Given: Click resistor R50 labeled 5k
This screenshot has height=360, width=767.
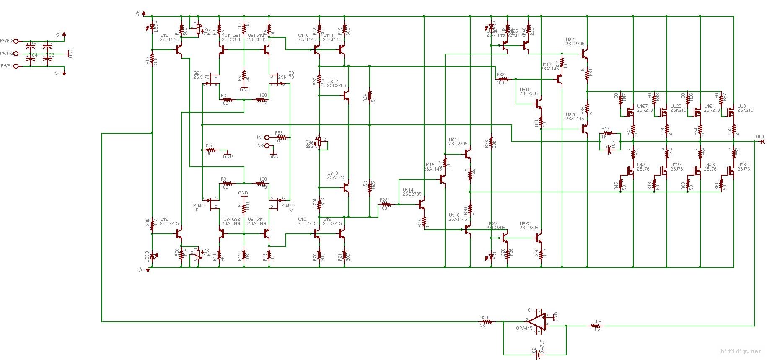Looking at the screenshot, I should pyautogui.click(x=487, y=322).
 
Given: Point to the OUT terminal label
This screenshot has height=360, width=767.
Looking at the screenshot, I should pyautogui.click(x=759, y=137).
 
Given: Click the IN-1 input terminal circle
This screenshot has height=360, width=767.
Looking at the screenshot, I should pyautogui.click(x=267, y=137).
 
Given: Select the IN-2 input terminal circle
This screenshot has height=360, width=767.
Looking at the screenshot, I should pyautogui.click(x=267, y=145).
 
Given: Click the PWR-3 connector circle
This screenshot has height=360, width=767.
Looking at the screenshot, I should pyautogui.click(x=16, y=41).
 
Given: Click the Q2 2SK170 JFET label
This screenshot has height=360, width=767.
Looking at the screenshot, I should pyautogui.click(x=201, y=75).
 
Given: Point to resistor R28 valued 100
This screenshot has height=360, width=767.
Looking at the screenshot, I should pyautogui.click(x=386, y=205).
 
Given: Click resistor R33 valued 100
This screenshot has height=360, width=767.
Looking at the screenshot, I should pyautogui.click(x=503, y=79).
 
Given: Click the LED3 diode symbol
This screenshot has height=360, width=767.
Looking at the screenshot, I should pyautogui.click(x=152, y=256).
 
